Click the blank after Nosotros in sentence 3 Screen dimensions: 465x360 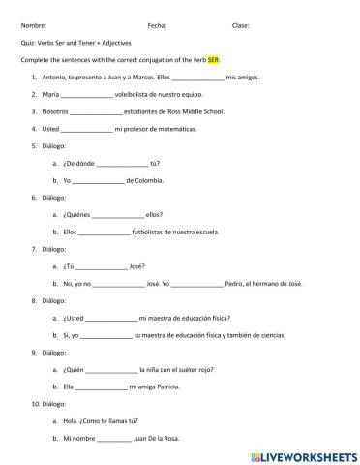tap(97, 111)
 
